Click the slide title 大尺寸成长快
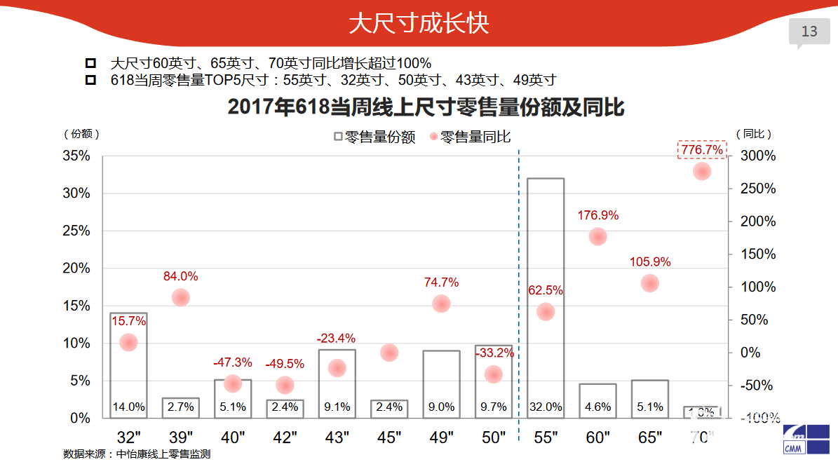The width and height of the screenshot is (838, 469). [419, 24]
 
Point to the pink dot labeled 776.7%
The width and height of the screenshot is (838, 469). [702, 171]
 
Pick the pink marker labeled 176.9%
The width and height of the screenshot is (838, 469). [597, 236]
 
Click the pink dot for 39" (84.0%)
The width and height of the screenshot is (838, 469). [181, 297]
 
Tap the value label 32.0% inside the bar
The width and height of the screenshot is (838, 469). [546, 407]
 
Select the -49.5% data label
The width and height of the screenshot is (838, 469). [285, 364]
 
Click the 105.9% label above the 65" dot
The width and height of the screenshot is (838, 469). [650, 262]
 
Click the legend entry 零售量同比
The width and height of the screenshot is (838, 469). [469, 137]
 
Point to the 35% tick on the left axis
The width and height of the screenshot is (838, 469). [76, 156]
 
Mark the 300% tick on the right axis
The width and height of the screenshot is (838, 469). [758, 156]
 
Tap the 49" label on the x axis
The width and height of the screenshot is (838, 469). [442, 438]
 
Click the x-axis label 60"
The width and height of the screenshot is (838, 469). [597, 438]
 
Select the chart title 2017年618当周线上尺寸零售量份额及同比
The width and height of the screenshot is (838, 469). [426, 108]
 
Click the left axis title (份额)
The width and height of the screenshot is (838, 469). [81, 133]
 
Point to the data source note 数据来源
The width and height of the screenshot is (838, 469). [137, 454]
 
